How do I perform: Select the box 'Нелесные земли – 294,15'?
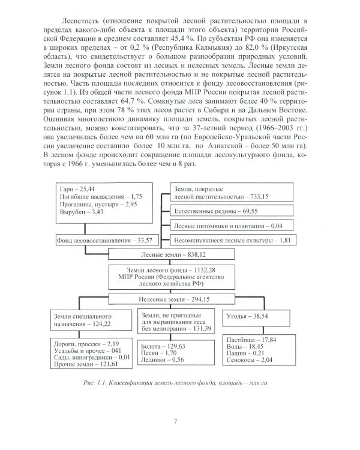tap(179, 297)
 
